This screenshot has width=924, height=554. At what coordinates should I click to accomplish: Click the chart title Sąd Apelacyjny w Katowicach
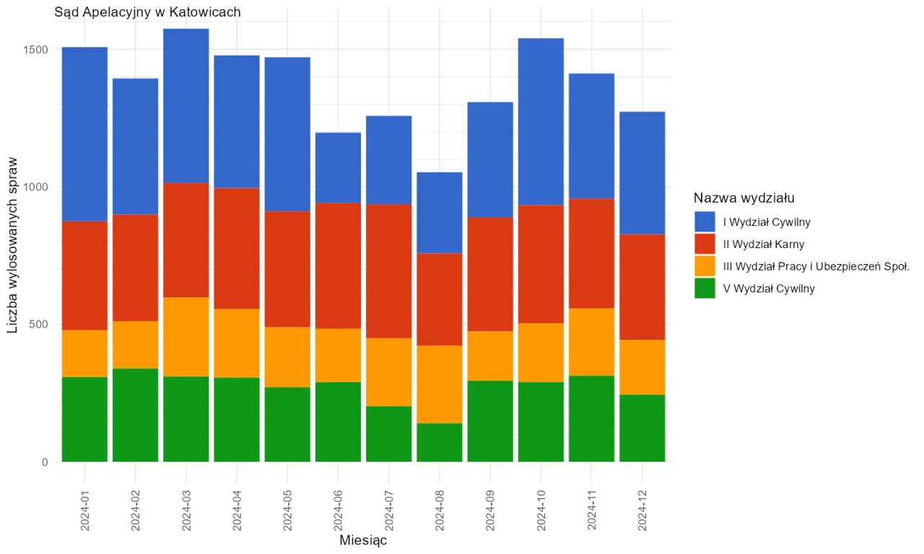(x=147, y=12)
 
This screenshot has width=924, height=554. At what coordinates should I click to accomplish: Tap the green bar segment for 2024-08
(x=440, y=442)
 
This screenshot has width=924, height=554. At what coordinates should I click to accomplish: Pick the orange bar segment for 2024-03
(x=186, y=337)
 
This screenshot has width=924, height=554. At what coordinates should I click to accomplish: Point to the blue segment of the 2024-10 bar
(x=541, y=122)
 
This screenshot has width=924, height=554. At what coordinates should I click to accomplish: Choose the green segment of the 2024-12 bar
(x=642, y=428)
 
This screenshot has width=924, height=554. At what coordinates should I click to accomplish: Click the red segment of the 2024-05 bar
(x=287, y=269)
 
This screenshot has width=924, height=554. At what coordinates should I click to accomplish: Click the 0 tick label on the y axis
(x=45, y=462)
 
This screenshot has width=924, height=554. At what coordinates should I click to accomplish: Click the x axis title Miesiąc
(x=363, y=540)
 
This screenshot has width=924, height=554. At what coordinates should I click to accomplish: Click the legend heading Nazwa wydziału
(x=745, y=198)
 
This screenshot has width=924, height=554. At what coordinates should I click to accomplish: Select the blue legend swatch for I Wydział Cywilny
(x=705, y=222)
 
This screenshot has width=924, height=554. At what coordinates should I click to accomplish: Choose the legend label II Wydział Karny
(x=763, y=245)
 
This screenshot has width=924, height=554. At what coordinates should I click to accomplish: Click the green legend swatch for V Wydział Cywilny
(x=705, y=289)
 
